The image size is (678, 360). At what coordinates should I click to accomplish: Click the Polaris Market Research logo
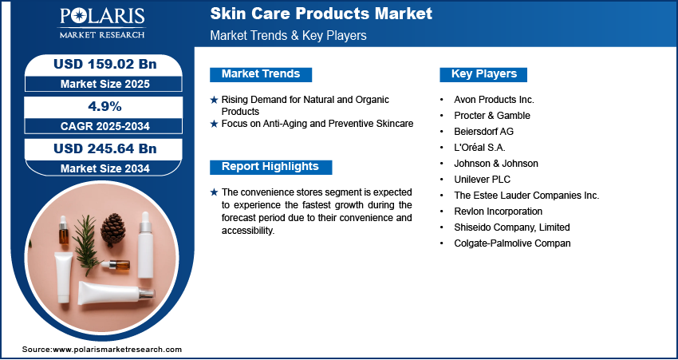click(x=102, y=22)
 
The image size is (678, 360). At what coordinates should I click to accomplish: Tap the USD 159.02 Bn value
click(x=105, y=64)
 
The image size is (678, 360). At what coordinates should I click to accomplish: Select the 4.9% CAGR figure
click(x=105, y=106)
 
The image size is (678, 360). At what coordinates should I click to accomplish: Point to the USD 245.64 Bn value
click(x=105, y=148)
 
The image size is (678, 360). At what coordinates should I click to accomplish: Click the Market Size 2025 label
click(x=105, y=84)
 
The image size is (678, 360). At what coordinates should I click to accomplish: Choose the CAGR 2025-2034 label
click(x=105, y=126)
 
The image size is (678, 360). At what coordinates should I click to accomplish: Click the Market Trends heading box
click(x=261, y=74)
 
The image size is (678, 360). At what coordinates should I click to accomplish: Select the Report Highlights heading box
click(x=270, y=167)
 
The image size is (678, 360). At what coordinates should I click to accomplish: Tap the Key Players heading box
click(x=483, y=74)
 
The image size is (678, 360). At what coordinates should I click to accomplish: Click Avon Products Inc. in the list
click(x=494, y=100)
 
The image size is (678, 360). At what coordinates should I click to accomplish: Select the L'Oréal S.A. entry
click(x=479, y=147)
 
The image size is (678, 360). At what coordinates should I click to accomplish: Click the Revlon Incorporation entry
click(x=498, y=212)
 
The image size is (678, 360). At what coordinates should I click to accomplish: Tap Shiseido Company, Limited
click(x=512, y=227)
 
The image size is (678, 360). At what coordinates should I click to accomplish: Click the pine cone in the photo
click(x=112, y=230)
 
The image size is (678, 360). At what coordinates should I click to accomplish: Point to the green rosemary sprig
click(x=88, y=244)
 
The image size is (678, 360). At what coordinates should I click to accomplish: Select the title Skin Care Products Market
click(x=321, y=14)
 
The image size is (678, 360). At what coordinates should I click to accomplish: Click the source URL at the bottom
click(x=102, y=350)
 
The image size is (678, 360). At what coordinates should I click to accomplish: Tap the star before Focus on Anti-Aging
click(x=214, y=125)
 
